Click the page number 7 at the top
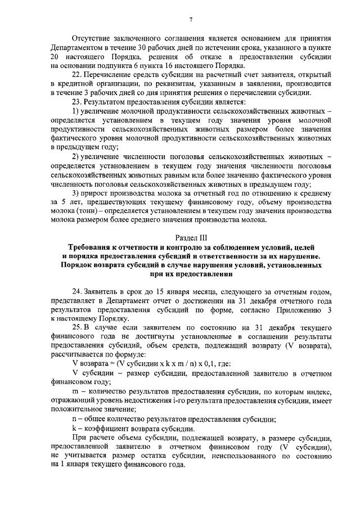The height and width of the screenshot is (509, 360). (x=191, y=21)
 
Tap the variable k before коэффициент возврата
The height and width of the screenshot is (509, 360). (x=74, y=426)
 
